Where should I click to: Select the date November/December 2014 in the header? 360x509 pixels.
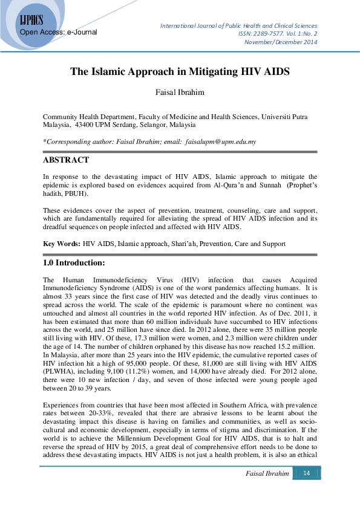(x=281, y=42)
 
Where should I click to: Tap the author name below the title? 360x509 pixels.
(x=180, y=93)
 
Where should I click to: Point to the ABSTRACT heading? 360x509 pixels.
(x=66, y=160)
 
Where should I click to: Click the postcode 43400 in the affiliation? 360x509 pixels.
(x=85, y=125)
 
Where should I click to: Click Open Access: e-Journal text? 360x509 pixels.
(x=59, y=31)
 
